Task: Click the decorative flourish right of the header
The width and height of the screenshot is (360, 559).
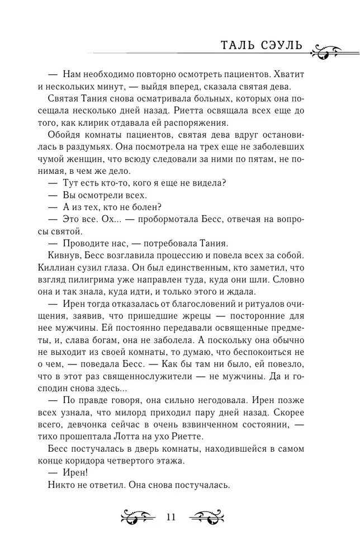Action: click(334, 49)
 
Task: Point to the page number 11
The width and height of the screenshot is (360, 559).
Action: click(171, 517)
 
